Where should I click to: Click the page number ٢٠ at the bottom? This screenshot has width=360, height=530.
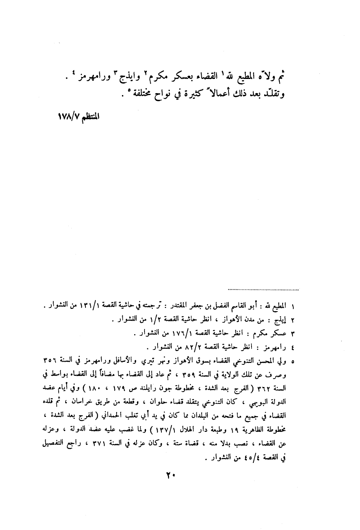point(170,476)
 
